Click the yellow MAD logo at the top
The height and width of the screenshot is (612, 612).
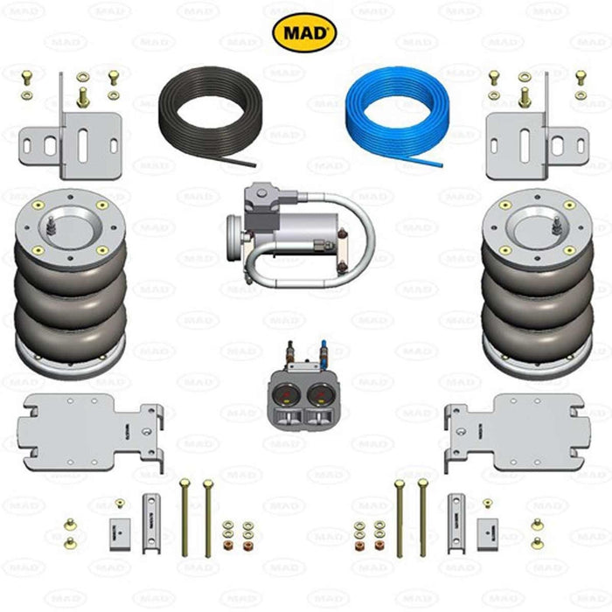(304, 33)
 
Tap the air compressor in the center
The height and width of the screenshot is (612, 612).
(301, 235)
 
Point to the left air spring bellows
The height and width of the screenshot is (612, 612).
(71, 285)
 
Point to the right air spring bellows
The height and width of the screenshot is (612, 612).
(538, 285)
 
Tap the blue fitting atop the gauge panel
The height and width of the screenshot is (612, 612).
(323, 353)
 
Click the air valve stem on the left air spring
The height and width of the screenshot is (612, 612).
(51, 226)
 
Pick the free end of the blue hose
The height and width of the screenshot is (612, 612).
(442, 165)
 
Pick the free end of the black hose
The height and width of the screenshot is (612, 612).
(254, 165)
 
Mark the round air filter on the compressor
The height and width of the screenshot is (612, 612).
(233, 238)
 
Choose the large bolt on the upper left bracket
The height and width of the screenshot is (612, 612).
(82, 98)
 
